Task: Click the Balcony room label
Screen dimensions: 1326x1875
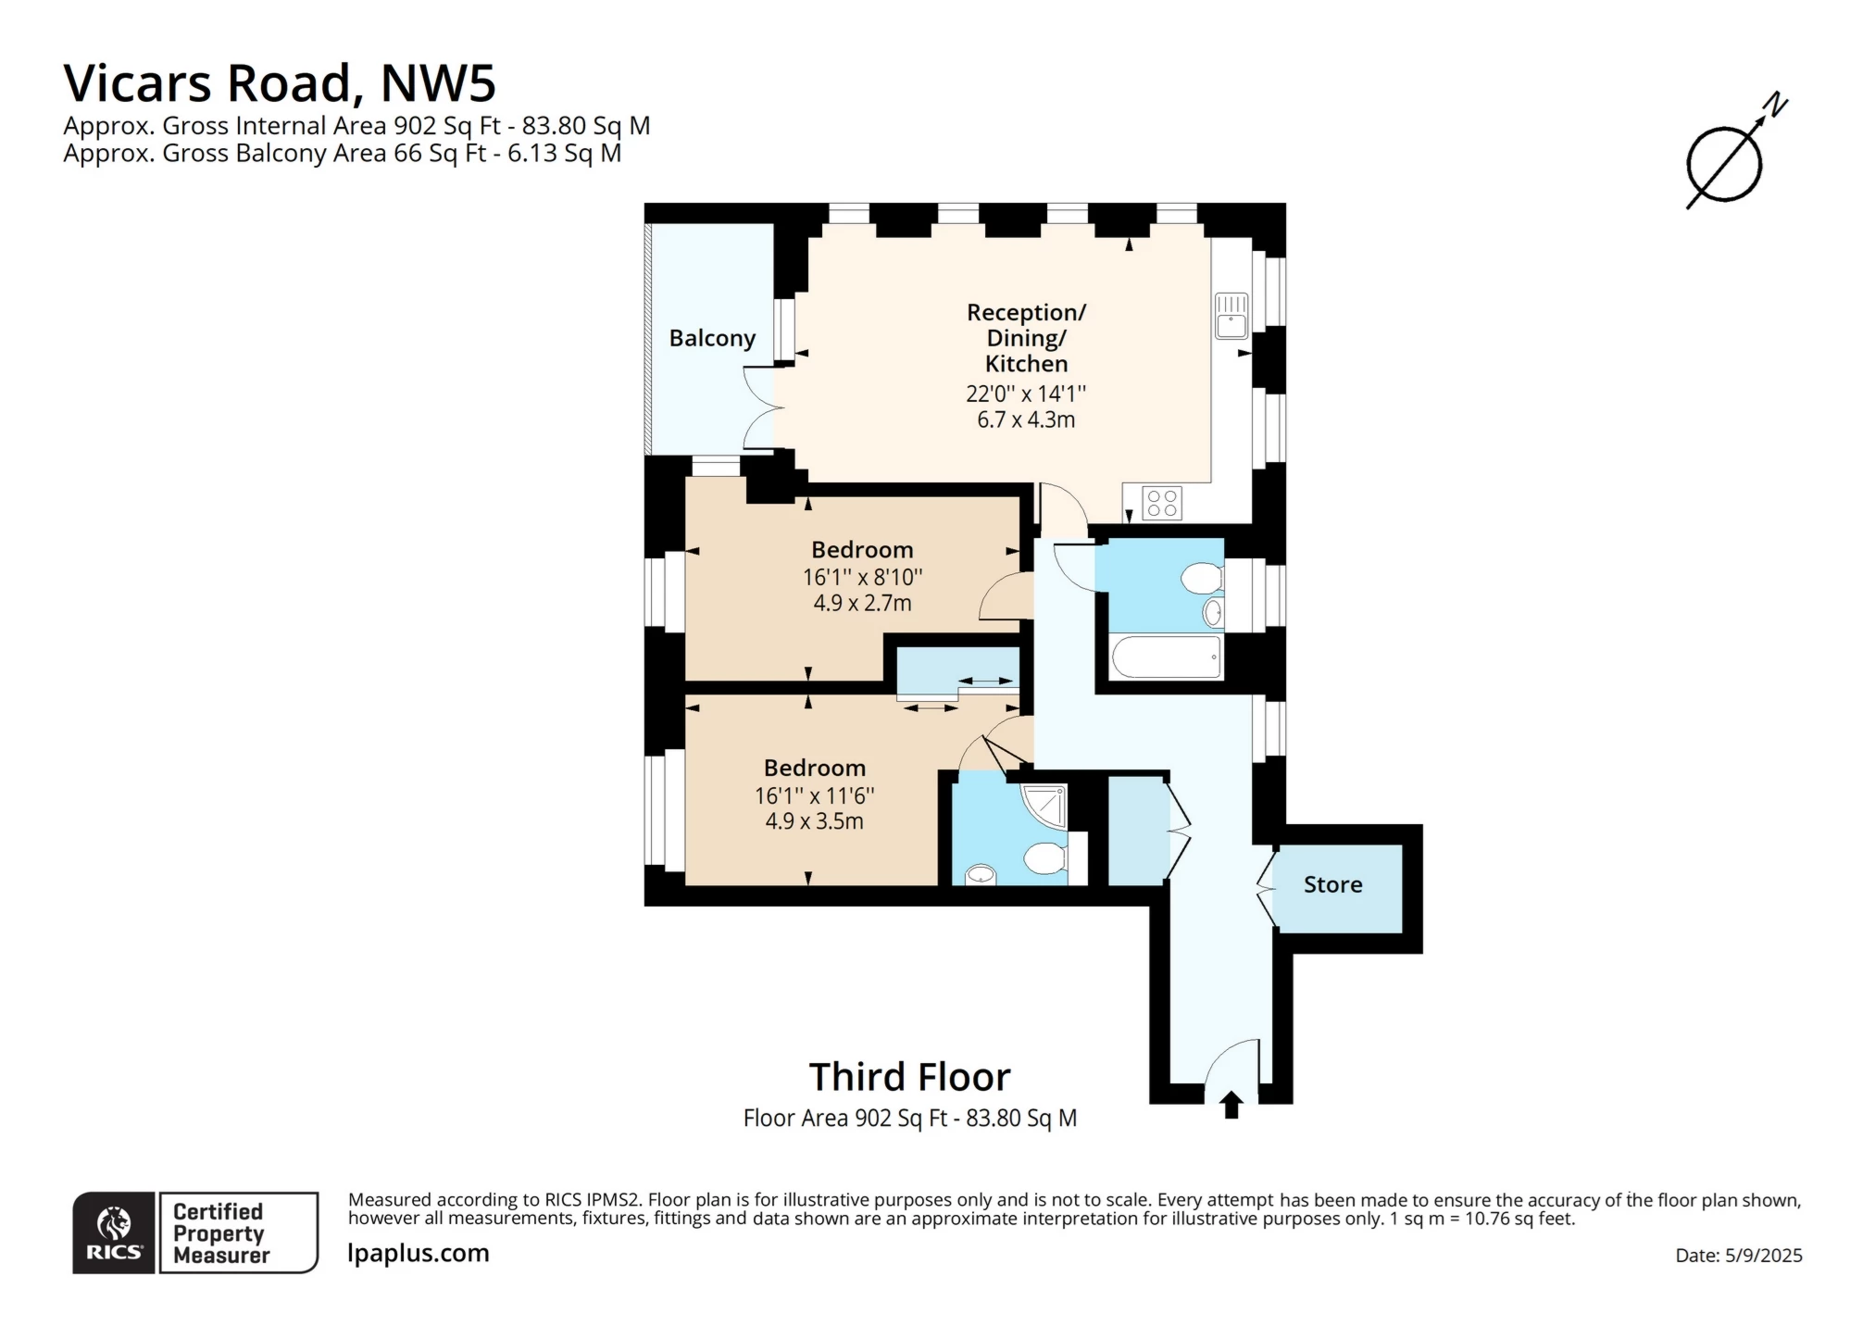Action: click(712, 338)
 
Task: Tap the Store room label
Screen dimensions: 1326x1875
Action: click(1332, 884)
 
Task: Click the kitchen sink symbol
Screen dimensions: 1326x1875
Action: click(1231, 315)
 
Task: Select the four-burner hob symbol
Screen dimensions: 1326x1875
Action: click(1161, 503)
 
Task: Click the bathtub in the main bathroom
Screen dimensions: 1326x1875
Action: click(1167, 657)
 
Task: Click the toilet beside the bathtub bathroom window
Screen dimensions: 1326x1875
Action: click(1202, 579)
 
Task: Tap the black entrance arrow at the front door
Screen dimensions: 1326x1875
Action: click(1231, 1105)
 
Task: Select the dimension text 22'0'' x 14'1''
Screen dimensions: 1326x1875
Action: click(1026, 394)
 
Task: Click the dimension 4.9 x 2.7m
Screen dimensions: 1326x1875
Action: click(862, 603)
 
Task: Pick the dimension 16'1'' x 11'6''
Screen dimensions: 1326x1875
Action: click(814, 795)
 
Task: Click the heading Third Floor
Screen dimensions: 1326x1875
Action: click(909, 1077)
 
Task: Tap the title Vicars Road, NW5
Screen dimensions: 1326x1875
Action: click(280, 82)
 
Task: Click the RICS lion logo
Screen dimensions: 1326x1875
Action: click(114, 1232)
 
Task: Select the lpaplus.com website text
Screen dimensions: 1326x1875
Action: click(418, 1253)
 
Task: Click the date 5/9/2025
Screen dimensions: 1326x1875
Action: click(1763, 1256)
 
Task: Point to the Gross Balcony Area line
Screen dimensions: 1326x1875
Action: click(342, 153)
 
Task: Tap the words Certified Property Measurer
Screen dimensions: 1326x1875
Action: click(220, 1233)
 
